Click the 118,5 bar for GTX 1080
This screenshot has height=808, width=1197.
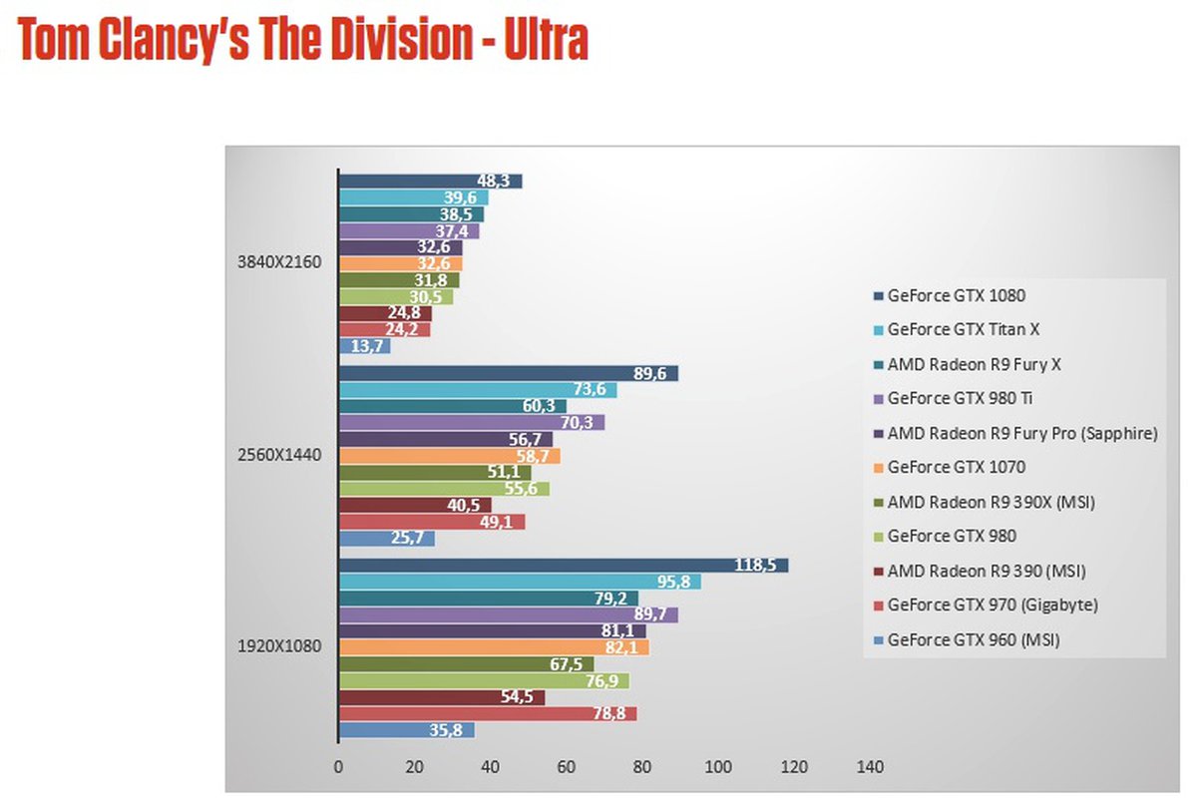(564, 566)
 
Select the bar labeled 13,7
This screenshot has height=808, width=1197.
(365, 346)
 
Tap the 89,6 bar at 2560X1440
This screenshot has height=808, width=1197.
(509, 373)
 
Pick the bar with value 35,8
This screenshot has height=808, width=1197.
(407, 730)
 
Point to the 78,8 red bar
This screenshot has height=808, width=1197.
(488, 713)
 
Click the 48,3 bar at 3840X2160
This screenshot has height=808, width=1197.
(431, 182)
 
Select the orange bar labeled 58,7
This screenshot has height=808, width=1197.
(450, 456)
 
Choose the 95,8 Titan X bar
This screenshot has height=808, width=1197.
(520, 582)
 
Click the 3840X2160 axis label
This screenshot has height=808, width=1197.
(279, 264)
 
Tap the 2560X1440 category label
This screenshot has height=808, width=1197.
(279, 455)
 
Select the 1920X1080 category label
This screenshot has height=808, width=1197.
(279, 645)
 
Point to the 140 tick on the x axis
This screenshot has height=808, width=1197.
(869, 767)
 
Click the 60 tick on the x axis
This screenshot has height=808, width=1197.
(567, 767)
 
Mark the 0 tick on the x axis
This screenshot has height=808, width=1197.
(339, 767)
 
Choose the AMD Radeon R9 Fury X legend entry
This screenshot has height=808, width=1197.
(974, 364)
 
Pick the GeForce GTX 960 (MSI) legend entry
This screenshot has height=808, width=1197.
(973, 639)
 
